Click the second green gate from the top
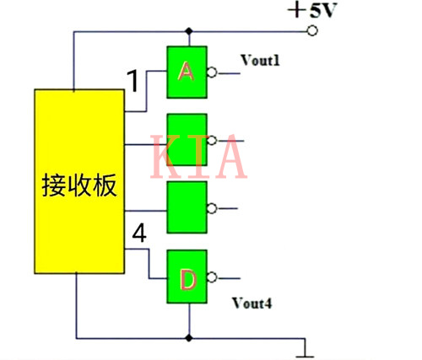[x=187, y=138]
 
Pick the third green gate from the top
[x=187, y=207]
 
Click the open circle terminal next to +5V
[x=312, y=31]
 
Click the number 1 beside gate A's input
[x=133, y=81]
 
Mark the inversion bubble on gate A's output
[x=212, y=73]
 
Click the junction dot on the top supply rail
[x=187, y=31]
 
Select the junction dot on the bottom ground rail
[x=187, y=336]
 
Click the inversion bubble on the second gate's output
[x=212, y=138]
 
